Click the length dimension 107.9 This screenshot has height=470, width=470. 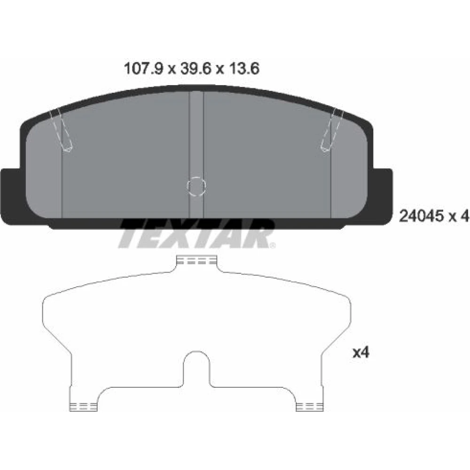tap(143, 69)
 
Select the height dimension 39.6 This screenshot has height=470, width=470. tap(196, 69)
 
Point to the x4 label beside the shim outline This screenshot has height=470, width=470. tap(360, 352)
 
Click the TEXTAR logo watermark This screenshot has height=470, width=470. tap(196, 234)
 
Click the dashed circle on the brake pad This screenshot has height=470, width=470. tap(196, 187)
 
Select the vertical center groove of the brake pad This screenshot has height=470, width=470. tap(196, 154)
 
